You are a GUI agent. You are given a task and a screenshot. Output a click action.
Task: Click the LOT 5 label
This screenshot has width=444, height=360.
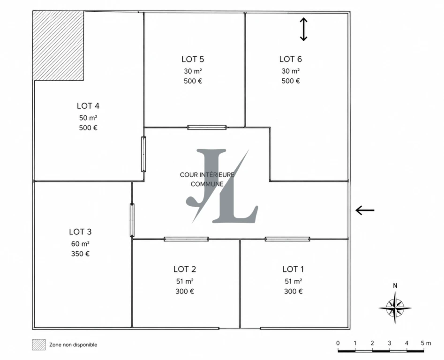[x=193, y=60]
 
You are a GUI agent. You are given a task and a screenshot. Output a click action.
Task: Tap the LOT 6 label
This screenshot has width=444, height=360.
[x=291, y=59]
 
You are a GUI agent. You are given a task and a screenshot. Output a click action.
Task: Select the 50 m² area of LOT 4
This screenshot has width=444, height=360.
[x=88, y=118]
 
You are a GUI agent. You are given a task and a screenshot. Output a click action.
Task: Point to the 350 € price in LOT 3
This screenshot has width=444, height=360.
[x=80, y=254]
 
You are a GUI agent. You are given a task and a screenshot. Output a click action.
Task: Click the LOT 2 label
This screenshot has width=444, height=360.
[x=185, y=269]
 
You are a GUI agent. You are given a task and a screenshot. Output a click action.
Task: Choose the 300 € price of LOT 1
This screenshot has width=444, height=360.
[x=293, y=292]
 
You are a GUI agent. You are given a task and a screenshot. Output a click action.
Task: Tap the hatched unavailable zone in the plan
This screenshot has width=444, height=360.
[x=58, y=45]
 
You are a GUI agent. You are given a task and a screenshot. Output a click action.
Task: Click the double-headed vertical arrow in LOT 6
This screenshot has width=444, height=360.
[x=303, y=30]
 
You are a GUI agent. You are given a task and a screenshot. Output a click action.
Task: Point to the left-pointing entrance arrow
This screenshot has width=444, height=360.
[x=365, y=210]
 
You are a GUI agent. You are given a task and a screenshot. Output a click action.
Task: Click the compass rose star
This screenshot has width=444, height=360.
[x=395, y=307]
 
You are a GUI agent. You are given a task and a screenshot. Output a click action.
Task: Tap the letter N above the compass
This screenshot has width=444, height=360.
[x=395, y=286]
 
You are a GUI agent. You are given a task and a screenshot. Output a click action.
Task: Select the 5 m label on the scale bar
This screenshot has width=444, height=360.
[x=426, y=343]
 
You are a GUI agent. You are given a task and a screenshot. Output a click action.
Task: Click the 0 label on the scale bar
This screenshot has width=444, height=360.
[x=338, y=343]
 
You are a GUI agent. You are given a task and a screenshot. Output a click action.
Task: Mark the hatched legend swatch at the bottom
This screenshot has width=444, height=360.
[x=39, y=345]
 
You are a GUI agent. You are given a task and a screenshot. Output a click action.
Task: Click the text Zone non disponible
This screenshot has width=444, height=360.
[x=73, y=345]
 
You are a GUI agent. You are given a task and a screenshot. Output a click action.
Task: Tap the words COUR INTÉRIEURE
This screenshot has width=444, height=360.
[x=207, y=175]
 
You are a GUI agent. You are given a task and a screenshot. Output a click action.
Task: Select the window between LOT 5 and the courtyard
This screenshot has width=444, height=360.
[x=207, y=127]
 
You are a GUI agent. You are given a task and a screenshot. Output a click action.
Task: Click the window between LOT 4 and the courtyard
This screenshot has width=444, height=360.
[x=143, y=154]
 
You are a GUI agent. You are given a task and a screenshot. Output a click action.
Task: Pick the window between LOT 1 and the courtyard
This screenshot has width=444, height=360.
[x=287, y=239]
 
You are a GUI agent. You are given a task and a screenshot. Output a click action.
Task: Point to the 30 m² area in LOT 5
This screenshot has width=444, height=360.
[x=193, y=71]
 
